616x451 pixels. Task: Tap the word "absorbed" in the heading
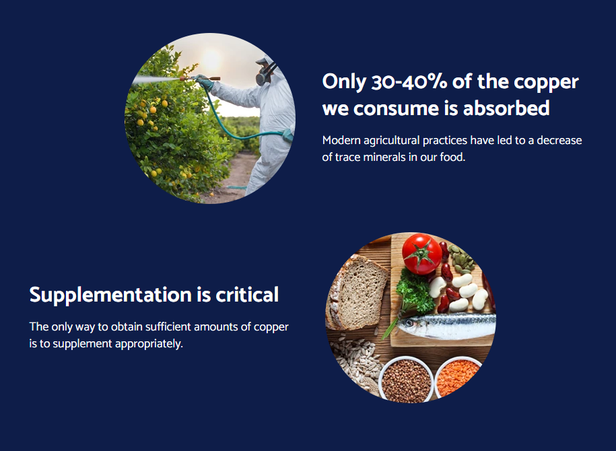(506, 108)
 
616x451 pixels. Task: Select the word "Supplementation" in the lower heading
(110, 295)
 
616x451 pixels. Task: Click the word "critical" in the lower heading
(247, 294)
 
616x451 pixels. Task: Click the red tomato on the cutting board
(421, 253)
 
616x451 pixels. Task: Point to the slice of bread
(357, 292)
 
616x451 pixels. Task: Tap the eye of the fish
(409, 323)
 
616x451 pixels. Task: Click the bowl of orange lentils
(457, 377)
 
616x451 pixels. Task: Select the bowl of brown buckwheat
(406, 380)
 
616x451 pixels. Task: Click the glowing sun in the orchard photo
(211, 60)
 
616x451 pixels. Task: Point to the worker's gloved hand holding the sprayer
(204, 81)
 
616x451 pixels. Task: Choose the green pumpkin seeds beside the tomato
(462, 259)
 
